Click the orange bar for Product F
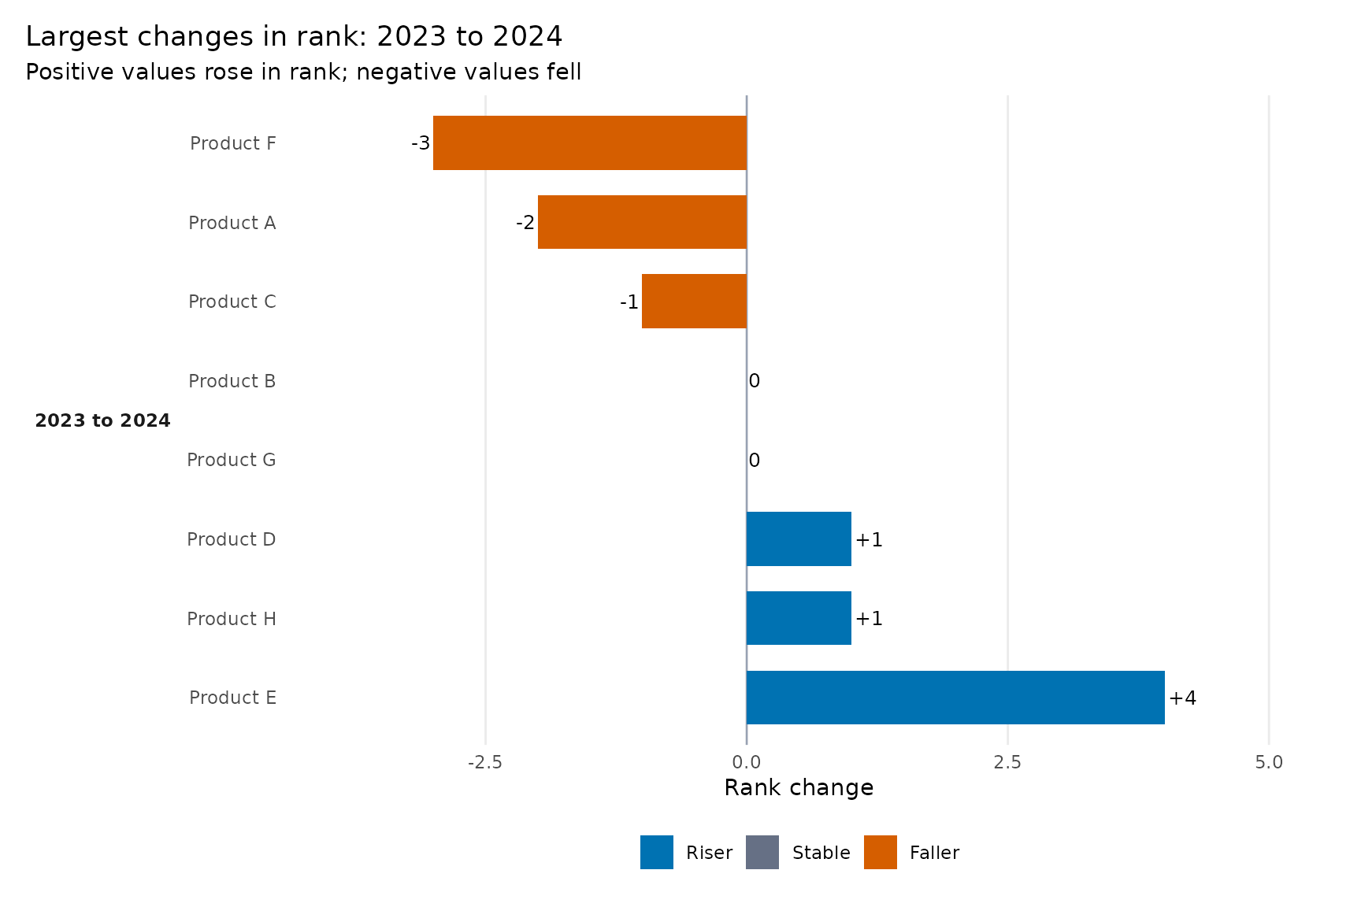click(x=590, y=143)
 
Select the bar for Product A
click(x=642, y=222)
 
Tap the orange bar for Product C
click(x=694, y=301)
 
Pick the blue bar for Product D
click(x=799, y=539)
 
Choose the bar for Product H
click(x=799, y=618)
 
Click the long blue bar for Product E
click(x=955, y=698)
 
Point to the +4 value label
click(x=1183, y=698)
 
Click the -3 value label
click(x=421, y=143)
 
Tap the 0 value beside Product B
click(x=755, y=381)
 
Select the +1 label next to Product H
click(x=870, y=618)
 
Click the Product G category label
click(x=232, y=460)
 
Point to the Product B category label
click(x=232, y=381)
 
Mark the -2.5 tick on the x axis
click(x=485, y=762)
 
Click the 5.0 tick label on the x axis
click(x=1269, y=762)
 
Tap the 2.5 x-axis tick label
click(x=1007, y=762)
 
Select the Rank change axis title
click(x=799, y=787)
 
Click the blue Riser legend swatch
click(x=657, y=852)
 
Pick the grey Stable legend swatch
click(x=762, y=852)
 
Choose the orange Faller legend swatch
click(x=881, y=852)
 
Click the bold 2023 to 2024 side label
click(x=102, y=420)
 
